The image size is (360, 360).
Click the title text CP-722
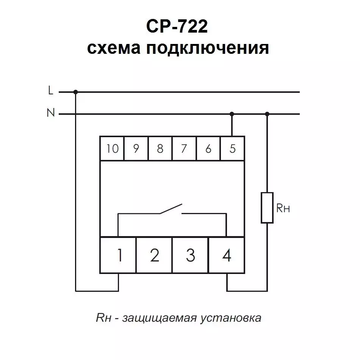point(177,27)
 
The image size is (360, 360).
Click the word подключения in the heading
point(208,49)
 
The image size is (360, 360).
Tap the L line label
point(51,90)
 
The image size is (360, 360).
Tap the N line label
point(51,113)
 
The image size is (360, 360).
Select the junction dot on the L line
point(75,92)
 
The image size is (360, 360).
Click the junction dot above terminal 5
point(232,114)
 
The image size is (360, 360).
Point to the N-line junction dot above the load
point(267,114)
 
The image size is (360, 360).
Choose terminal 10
point(112,148)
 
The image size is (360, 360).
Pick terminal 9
point(136,148)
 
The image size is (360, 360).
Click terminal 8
point(160,148)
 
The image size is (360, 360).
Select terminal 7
point(184,148)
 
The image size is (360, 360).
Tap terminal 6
point(208,148)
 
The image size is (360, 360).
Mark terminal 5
point(232,148)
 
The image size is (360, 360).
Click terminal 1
point(118,255)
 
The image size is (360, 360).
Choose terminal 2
point(154,255)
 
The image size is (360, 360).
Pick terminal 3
point(190,255)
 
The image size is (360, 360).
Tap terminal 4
point(227,255)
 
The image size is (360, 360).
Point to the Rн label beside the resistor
point(283,208)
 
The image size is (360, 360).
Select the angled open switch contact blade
point(171,209)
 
